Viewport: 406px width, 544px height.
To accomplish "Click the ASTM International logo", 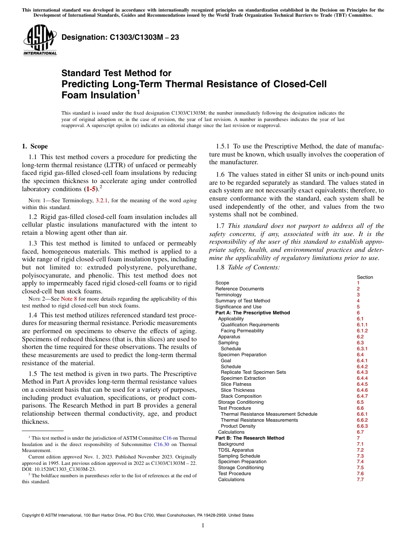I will click(x=40, y=40).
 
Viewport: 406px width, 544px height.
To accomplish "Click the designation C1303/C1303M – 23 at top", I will click(x=120, y=38).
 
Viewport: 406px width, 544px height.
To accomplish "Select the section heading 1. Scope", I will click(x=35, y=146).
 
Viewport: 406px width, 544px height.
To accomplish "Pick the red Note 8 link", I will click(x=69, y=299).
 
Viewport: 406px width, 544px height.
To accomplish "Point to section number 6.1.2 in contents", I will click(x=362, y=331).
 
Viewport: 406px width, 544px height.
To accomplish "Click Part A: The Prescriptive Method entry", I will click(x=253, y=313).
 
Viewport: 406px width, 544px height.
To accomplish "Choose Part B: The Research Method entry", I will click(x=250, y=438).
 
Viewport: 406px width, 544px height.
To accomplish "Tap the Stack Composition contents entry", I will click(x=241, y=396).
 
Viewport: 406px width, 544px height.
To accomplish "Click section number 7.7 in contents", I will click(x=360, y=479).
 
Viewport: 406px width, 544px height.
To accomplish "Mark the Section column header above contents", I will click(x=365, y=277).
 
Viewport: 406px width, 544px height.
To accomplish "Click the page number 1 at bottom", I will click(x=203, y=525).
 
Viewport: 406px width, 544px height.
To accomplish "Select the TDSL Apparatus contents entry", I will click(x=235, y=450).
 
